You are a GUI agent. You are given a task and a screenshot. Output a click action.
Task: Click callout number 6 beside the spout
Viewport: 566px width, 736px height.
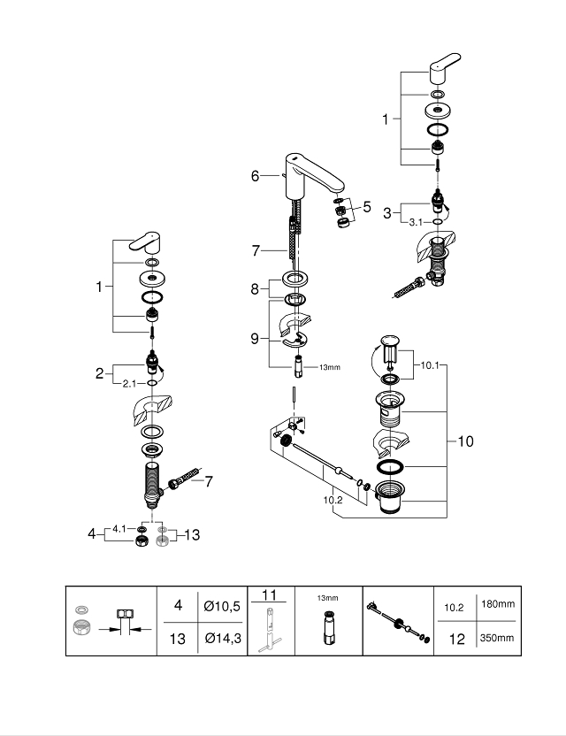pos(255,176)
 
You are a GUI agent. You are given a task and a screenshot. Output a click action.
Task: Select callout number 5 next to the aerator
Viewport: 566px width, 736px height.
pos(367,209)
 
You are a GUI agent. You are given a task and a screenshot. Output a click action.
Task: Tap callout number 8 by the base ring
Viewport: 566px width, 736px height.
pos(255,287)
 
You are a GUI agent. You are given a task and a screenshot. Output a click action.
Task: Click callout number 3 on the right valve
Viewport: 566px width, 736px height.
pos(387,212)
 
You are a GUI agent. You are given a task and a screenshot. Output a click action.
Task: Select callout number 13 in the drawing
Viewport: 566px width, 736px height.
pos(192,534)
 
